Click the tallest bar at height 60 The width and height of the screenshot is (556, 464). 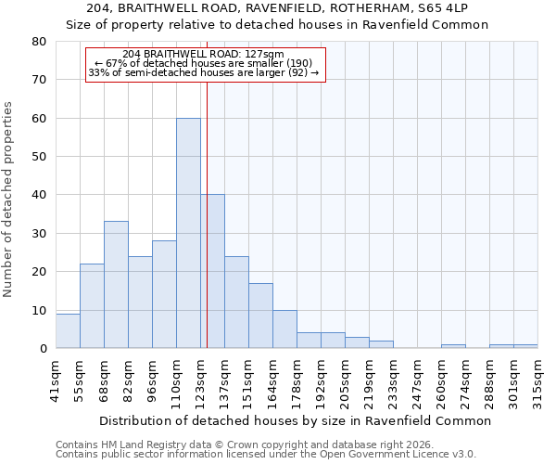[188, 233]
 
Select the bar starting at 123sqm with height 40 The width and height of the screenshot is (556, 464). [213, 271]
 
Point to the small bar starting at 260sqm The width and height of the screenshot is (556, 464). [453, 346]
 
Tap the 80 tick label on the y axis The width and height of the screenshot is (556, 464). [39, 42]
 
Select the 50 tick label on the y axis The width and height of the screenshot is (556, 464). [39, 157]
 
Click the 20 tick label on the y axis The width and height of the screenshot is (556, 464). [39, 272]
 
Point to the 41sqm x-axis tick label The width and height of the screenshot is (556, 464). [56, 380]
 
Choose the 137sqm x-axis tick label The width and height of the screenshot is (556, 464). [224, 380]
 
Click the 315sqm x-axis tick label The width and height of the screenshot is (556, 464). [537, 380]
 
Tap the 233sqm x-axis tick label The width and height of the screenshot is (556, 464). [393, 380]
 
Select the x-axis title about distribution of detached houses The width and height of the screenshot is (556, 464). [294, 420]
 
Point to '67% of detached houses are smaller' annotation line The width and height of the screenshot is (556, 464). [204, 63]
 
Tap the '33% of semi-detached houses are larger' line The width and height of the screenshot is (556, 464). [204, 72]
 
